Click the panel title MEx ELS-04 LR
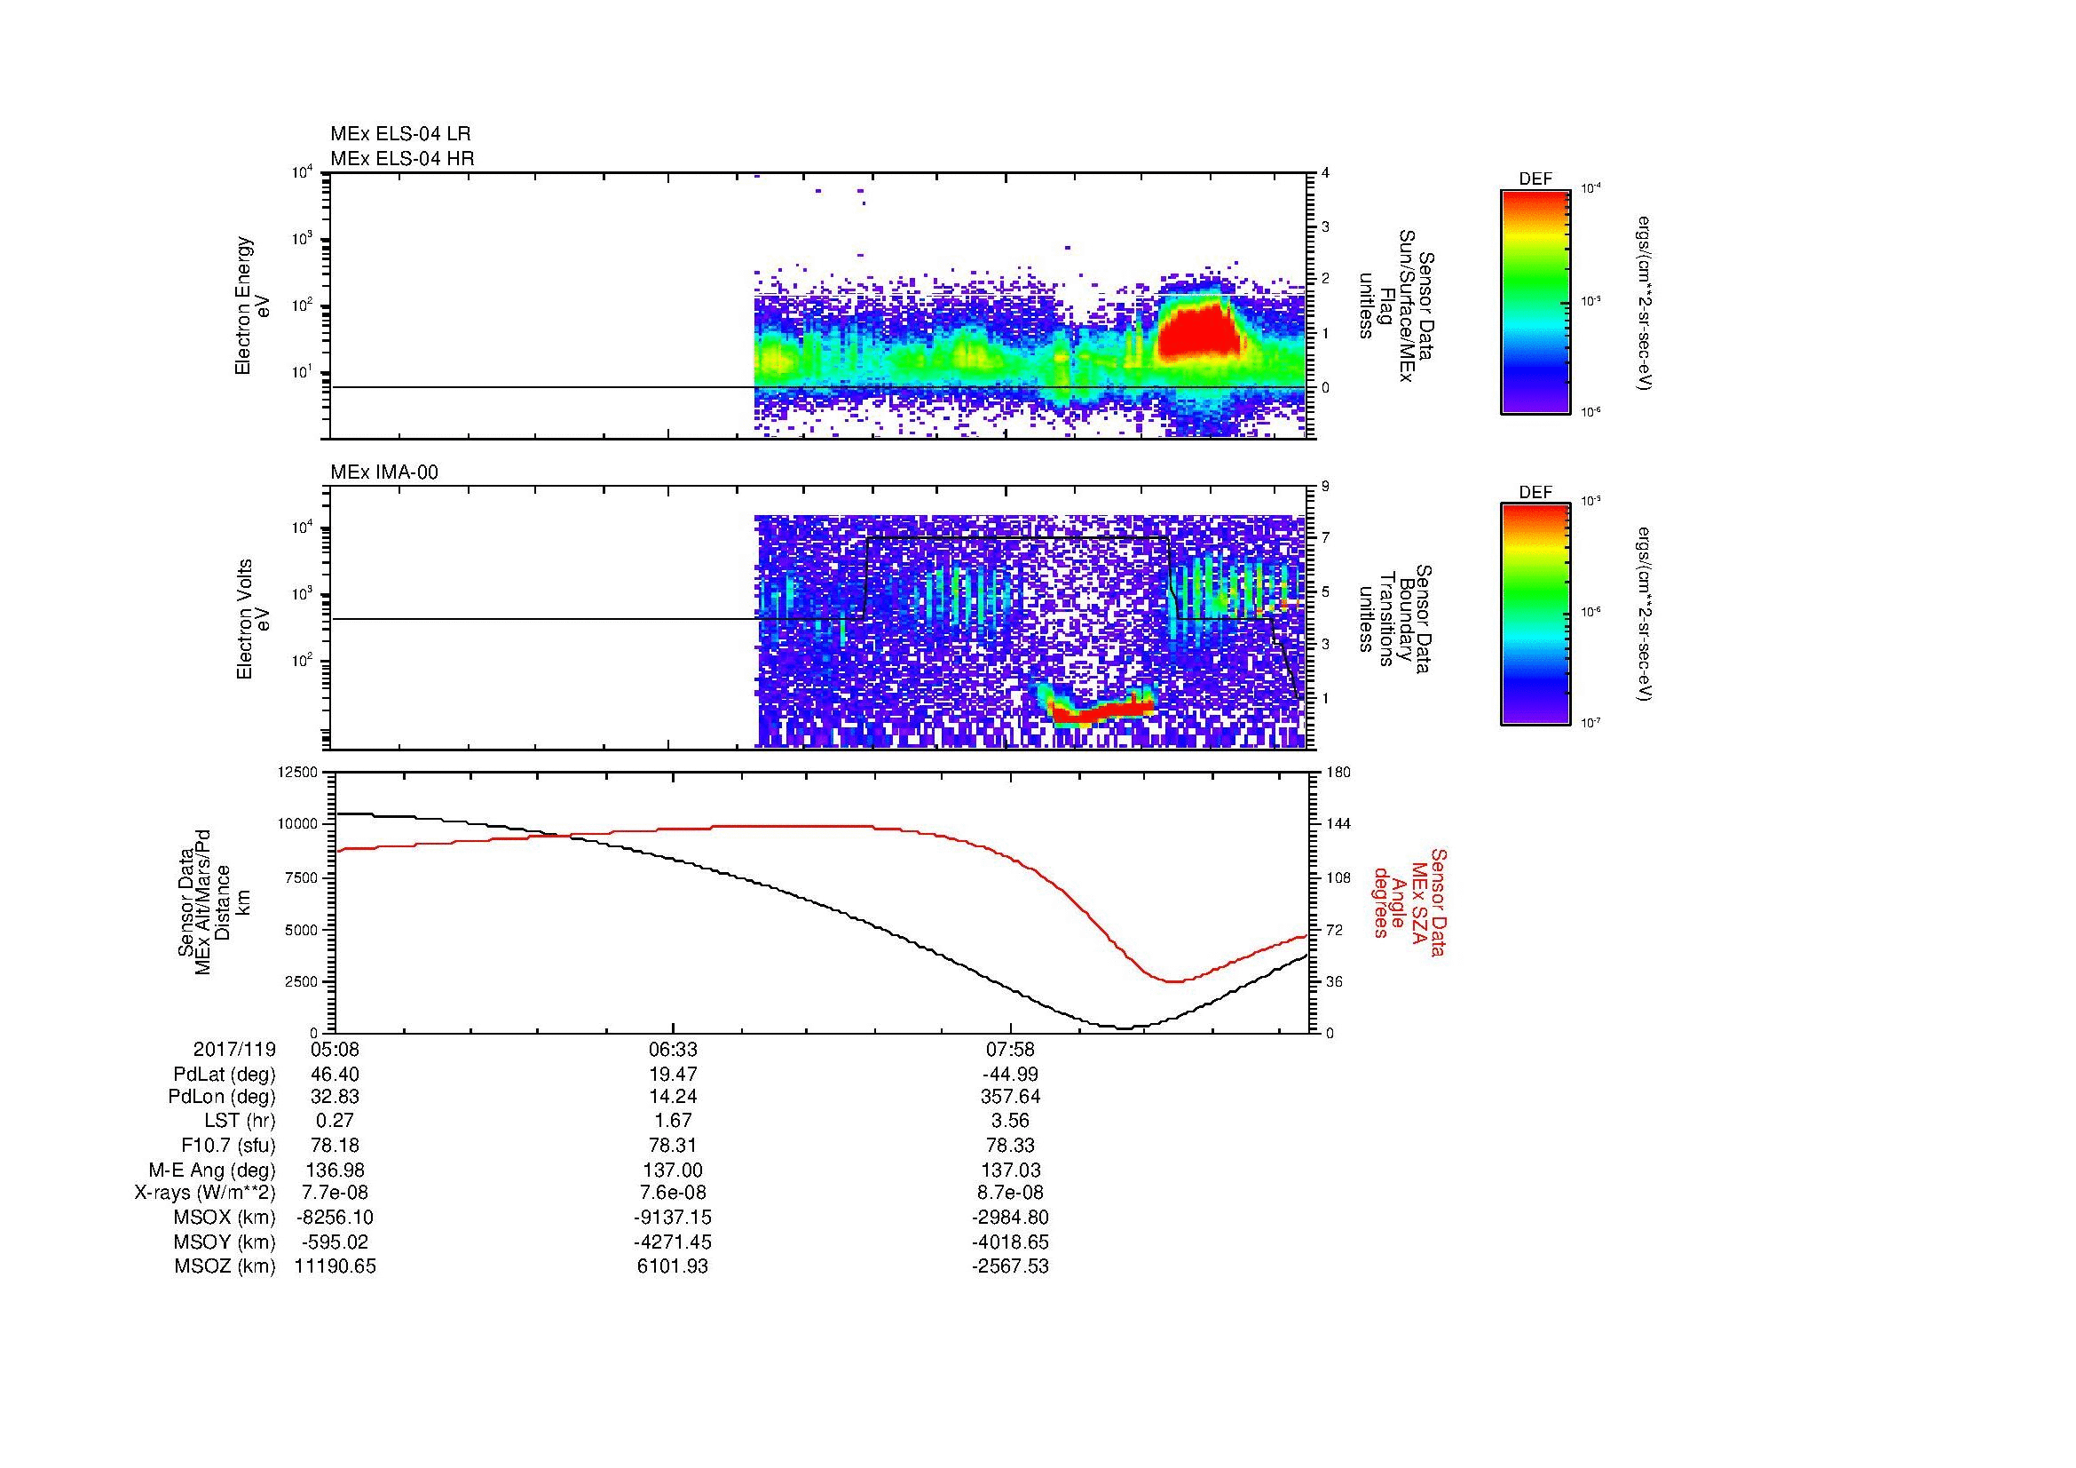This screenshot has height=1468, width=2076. (400, 134)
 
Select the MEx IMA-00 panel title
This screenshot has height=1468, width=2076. (384, 472)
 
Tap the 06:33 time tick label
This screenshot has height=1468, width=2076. (673, 1050)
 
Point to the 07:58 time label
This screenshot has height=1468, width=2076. (1010, 1050)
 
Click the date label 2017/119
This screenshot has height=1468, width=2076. (234, 1050)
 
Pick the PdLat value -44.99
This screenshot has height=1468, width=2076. (1010, 1075)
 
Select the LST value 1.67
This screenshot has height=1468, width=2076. (673, 1121)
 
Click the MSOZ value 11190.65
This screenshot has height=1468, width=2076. (335, 1266)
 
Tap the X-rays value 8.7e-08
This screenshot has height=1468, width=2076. (1010, 1193)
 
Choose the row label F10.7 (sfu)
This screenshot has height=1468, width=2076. (228, 1145)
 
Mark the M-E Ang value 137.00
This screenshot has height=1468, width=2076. (673, 1170)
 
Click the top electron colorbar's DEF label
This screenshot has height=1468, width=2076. (1535, 179)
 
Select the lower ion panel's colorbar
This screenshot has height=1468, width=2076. (1535, 615)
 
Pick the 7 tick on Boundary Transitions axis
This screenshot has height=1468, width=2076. (1325, 538)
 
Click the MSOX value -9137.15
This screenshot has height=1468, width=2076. (673, 1218)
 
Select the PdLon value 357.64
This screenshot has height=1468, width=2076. (1010, 1097)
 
